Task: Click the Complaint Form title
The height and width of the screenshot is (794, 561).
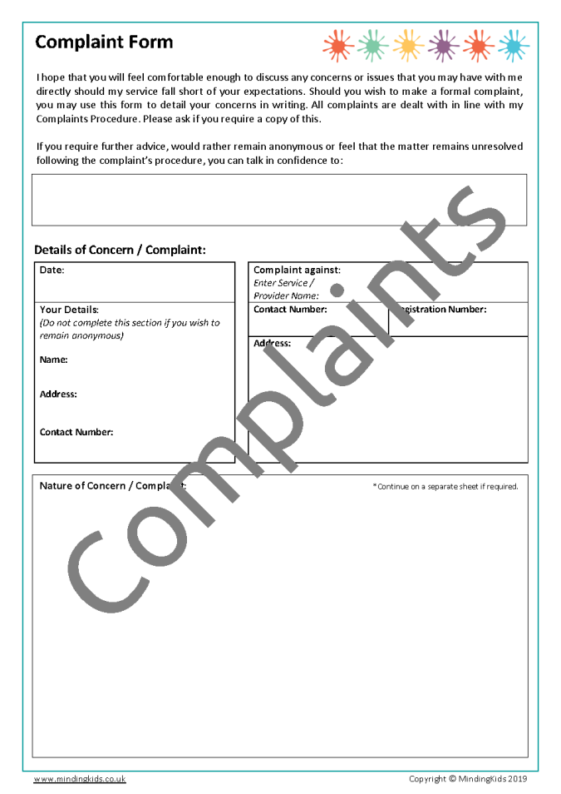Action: point(104,42)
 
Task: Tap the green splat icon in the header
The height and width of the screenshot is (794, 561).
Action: point(373,44)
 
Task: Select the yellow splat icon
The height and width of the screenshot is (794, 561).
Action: point(408,44)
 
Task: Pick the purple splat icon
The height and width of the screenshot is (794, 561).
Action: point(444,44)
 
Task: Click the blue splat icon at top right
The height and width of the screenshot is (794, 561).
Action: point(514,44)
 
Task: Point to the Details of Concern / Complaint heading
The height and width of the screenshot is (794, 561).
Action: point(120,250)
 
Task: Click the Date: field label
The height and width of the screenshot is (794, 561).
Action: point(52,270)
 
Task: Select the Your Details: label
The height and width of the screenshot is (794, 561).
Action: point(69,310)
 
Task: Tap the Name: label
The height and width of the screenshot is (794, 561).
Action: point(53,360)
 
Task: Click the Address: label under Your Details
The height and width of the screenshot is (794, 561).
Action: point(58,394)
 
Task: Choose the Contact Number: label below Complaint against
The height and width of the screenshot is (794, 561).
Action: point(290,310)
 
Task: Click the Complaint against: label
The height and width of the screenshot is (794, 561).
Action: point(297,270)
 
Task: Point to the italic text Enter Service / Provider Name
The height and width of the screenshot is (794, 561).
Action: point(286,289)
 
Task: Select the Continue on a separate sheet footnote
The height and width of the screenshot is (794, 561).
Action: point(445,487)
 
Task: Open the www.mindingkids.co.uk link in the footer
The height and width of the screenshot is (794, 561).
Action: point(80,779)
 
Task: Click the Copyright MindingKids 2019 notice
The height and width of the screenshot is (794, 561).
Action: point(468,779)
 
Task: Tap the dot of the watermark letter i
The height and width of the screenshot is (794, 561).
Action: point(337,290)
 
